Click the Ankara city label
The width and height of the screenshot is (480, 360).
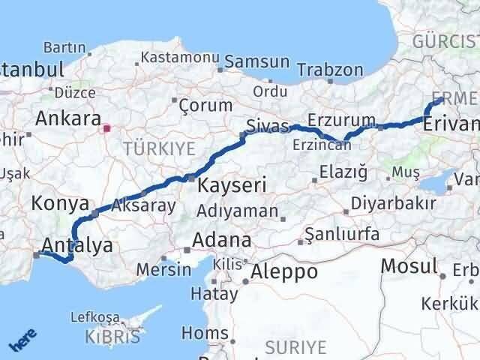tap(69, 118)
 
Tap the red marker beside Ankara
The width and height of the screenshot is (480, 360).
tap(107, 128)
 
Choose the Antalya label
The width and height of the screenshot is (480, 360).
tap(78, 245)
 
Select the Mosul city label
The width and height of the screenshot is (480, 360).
tap(409, 265)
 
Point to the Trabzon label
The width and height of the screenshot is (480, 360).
tap(330, 70)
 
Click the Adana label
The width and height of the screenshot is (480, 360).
tap(221, 241)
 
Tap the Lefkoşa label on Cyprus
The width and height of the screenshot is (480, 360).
tap(94, 317)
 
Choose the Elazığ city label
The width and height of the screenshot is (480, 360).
tap(343, 173)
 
